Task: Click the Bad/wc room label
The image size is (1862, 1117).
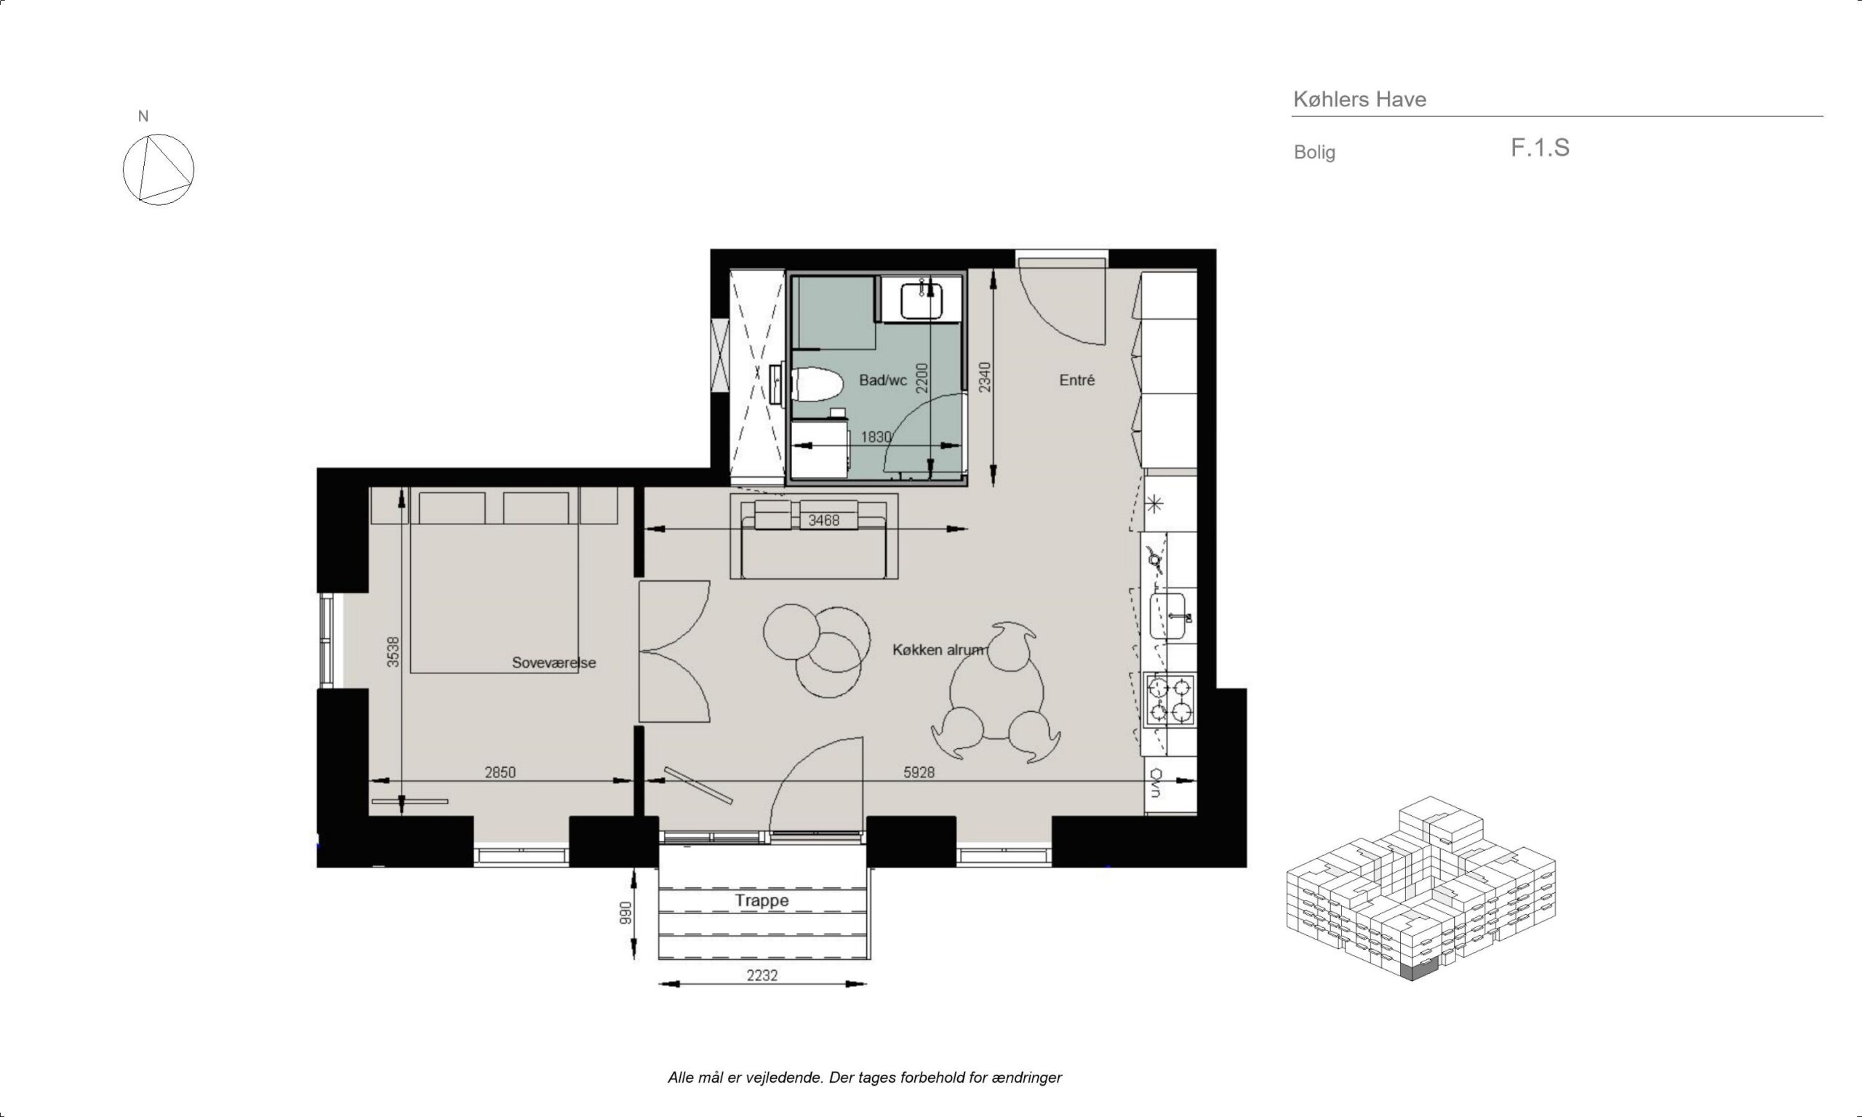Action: [883, 380]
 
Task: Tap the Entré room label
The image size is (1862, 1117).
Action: [1076, 380]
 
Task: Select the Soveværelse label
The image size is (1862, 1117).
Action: [554, 662]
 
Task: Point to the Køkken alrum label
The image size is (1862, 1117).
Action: [938, 649]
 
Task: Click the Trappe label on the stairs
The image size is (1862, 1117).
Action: [762, 901]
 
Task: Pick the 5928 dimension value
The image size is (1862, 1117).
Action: [919, 772]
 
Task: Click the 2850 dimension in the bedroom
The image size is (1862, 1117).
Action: [500, 772]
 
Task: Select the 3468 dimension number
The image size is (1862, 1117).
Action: [823, 520]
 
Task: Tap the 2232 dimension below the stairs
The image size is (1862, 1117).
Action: [762, 975]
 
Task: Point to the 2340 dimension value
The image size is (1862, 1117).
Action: [984, 377]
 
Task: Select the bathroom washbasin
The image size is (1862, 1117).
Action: [922, 299]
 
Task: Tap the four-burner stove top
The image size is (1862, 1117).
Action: [1170, 700]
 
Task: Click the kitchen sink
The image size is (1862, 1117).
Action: [1167, 616]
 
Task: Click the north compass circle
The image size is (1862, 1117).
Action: [159, 170]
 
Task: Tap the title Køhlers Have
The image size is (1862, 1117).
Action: [1359, 100]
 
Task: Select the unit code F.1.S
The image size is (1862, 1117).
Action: [1540, 148]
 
